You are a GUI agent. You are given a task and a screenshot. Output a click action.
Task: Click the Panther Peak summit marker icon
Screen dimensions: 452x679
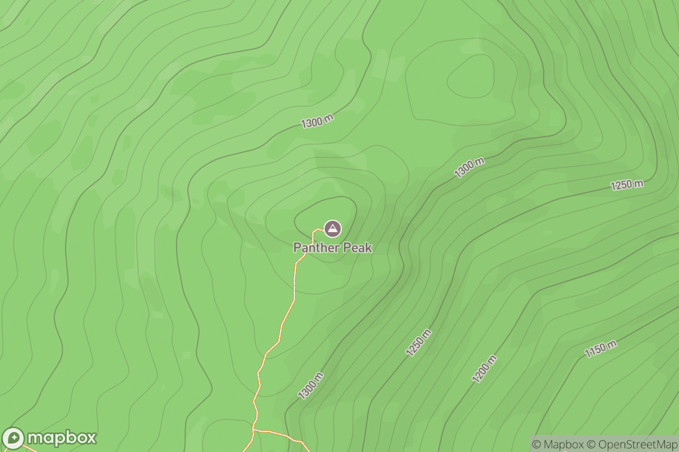(332, 228)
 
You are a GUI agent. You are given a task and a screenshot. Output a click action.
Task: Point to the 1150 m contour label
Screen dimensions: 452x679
(601, 349)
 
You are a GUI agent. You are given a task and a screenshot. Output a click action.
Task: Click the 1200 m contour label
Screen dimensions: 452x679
(485, 369)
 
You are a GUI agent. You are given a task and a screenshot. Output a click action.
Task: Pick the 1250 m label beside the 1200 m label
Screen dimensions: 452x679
(419, 342)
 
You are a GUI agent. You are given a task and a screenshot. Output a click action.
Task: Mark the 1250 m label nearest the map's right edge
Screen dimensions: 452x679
(627, 185)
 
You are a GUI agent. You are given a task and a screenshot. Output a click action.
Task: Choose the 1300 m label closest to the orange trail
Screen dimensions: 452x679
(311, 386)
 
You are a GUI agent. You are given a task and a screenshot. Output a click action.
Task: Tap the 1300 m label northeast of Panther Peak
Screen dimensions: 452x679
(470, 168)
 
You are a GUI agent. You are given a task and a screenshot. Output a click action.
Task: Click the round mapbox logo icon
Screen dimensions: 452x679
(14, 438)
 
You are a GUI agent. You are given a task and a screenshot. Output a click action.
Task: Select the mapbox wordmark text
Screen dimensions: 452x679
(62, 438)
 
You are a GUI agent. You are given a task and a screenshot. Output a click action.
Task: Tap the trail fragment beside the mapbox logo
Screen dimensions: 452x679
(28, 449)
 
